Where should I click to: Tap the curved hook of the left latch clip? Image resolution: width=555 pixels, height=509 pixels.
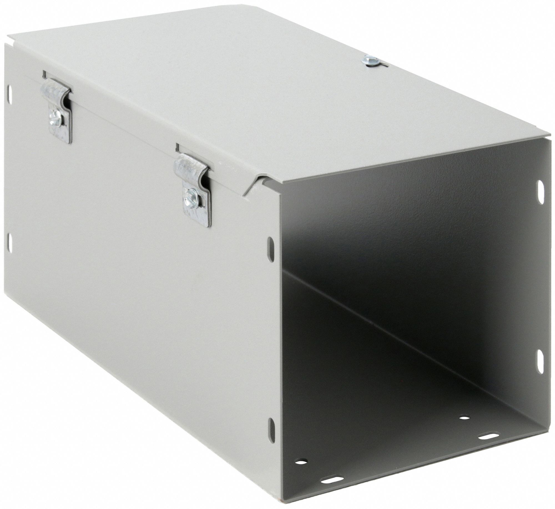55,91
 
